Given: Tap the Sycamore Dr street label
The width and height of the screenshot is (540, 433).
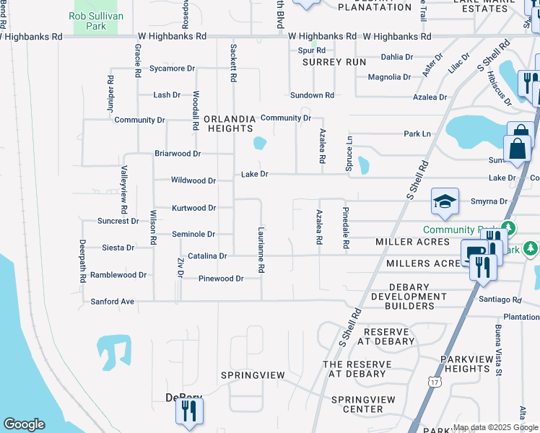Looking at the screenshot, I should pyautogui.click(x=173, y=69).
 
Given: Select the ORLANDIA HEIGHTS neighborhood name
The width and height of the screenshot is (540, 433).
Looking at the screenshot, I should pyautogui.click(x=230, y=123).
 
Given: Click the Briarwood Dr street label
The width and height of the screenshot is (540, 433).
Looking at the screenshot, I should pyautogui.click(x=178, y=154).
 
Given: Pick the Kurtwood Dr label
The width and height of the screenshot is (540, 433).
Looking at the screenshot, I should pyautogui.click(x=193, y=208).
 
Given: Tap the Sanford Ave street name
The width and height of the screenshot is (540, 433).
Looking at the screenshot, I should pyautogui.click(x=113, y=302).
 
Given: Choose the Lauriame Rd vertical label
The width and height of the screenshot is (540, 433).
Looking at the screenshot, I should pyautogui.click(x=261, y=249).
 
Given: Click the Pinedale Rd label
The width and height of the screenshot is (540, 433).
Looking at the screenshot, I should pyautogui.click(x=346, y=228).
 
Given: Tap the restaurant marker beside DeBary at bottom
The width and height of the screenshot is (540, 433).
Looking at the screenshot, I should pyautogui.click(x=189, y=411).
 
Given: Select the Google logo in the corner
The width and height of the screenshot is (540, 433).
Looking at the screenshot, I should pyautogui.click(x=24, y=424).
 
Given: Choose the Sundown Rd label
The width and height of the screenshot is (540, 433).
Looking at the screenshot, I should pyautogui.click(x=312, y=95).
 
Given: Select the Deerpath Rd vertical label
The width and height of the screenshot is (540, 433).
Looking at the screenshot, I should pyautogui.click(x=83, y=261).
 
